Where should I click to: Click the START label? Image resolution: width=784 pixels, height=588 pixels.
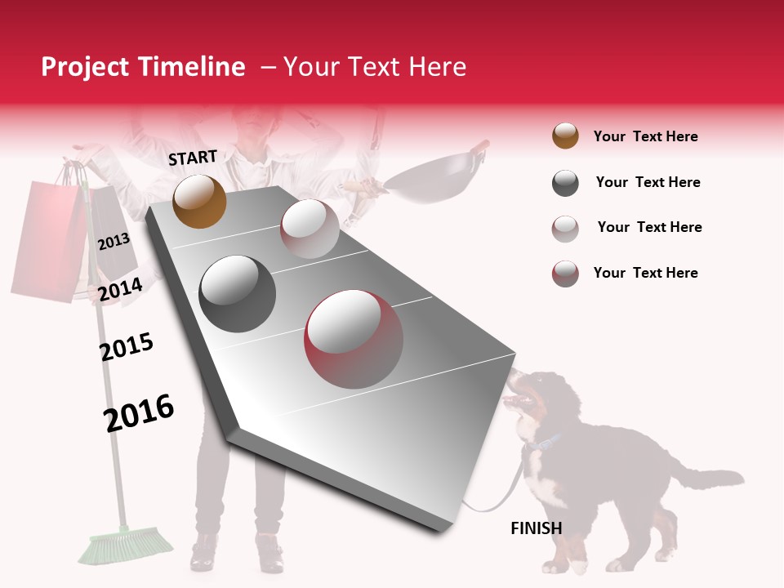pos(193,158)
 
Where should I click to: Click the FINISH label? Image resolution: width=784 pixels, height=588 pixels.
pos(536,528)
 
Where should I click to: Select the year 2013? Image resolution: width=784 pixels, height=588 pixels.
pos(114,241)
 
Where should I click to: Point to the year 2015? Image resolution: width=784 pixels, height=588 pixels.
pos(127,347)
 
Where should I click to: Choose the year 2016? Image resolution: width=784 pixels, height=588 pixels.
pos(139,413)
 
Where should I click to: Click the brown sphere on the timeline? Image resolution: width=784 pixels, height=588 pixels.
pos(199,201)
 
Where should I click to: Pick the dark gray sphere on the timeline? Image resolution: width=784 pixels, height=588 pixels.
pos(238,293)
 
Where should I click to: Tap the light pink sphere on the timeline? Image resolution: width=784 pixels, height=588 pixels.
pos(310,229)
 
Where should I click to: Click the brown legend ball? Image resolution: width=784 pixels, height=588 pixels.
pos(565,136)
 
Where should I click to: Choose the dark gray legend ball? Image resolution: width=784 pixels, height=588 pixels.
pos(565,183)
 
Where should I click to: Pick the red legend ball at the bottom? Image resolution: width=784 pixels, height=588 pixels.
pos(565,274)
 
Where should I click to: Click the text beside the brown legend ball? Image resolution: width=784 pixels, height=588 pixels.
pos(645,136)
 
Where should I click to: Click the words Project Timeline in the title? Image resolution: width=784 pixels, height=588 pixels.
pos(143,67)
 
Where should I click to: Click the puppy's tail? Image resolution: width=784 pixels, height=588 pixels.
pos(710,478)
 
